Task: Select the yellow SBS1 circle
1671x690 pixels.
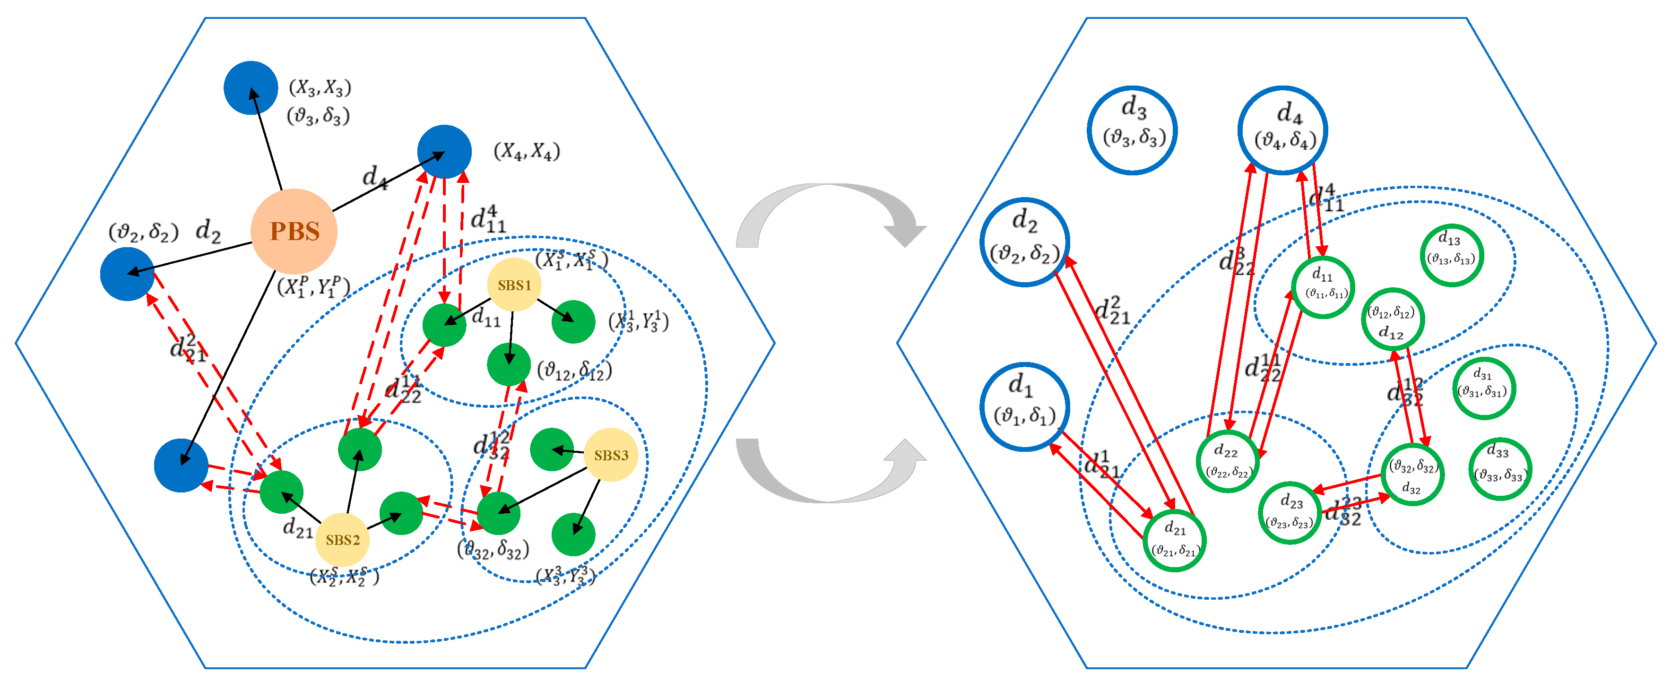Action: [514, 285]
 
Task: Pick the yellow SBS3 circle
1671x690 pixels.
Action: [610, 455]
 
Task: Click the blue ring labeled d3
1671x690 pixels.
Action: [1132, 129]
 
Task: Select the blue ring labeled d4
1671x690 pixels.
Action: [1282, 129]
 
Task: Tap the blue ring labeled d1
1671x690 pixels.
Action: [1024, 406]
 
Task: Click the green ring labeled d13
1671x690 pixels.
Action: [1452, 255]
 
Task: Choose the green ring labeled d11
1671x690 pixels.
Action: [1323, 287]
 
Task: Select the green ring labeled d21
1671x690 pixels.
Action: [1174, 540]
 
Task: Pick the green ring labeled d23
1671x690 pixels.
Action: [1290, 512]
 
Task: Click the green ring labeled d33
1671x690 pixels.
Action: [1500, 469]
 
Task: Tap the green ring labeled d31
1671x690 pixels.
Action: [1483, 388]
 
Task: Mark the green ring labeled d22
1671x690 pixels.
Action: [1227, 461]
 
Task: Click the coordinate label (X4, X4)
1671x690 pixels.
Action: [526, 152]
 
